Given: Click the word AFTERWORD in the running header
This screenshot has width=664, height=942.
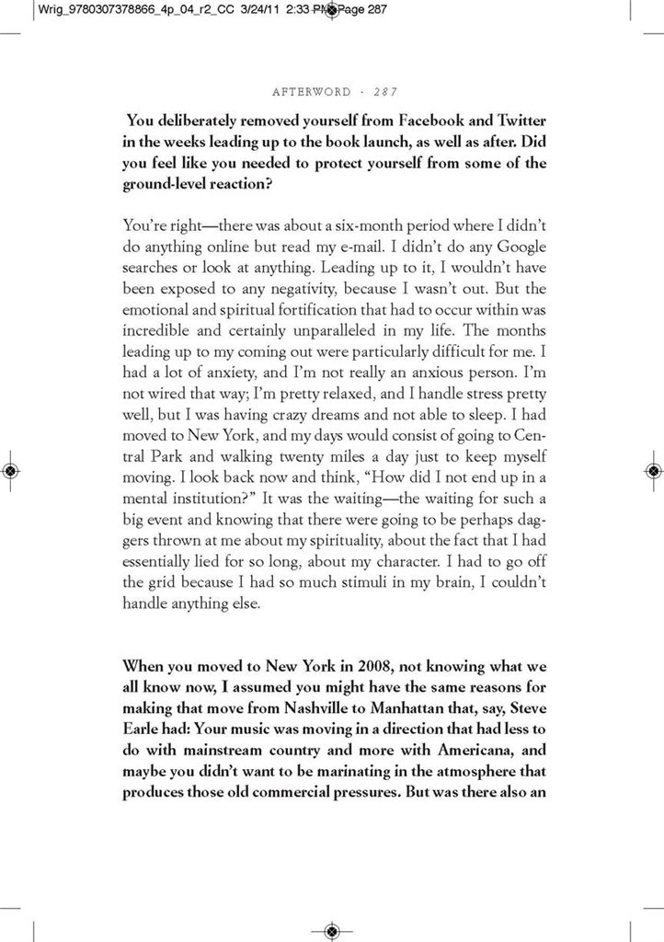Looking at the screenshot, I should tap(312, 92).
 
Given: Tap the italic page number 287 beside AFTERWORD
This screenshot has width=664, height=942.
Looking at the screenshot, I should tap(384, 92).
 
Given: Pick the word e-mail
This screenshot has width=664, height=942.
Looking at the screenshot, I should tap(380, 247).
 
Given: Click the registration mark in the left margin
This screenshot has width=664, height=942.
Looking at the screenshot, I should tap(10, 470).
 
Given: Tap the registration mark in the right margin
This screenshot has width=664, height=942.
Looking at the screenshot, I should tap(653, 470).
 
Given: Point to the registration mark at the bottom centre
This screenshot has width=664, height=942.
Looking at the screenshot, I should tap(332, 930).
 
